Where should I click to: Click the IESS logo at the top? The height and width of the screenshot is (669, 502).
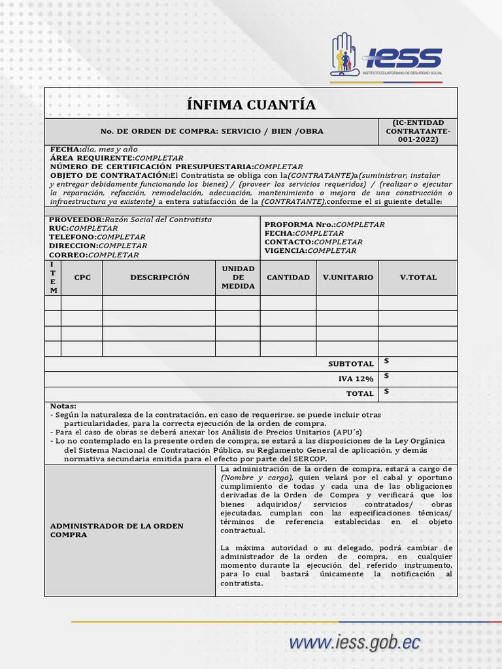point(386,57)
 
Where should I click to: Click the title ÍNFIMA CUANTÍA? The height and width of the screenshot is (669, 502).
point(251,105)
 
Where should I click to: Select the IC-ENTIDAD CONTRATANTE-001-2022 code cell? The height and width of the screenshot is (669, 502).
point(418,131)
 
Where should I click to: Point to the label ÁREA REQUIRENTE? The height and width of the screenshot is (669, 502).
point(92,158)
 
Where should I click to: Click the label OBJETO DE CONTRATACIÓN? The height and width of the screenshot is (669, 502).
point(110,176)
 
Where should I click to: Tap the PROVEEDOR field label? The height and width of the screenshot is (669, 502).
point(76,220)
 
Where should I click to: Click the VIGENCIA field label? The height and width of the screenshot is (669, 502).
point(286,251)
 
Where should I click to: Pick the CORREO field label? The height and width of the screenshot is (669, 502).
point(68,255)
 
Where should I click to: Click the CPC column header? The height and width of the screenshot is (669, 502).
point(82,278)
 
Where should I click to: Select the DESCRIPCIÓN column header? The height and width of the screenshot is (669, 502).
point(159,278)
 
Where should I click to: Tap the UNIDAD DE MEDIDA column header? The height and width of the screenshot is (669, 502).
point(238,278)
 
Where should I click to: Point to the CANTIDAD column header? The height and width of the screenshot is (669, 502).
point(288,278)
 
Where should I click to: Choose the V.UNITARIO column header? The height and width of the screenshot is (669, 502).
point(348,278)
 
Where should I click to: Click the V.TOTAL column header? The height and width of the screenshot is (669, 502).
point(418,278)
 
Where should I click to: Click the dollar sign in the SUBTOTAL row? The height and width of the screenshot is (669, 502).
point(387,361)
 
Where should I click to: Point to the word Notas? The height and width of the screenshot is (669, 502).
point(63,406)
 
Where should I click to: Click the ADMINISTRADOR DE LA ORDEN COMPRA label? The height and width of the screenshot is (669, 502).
point(117,530)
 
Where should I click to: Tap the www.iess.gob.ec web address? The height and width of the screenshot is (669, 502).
point(354,643)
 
